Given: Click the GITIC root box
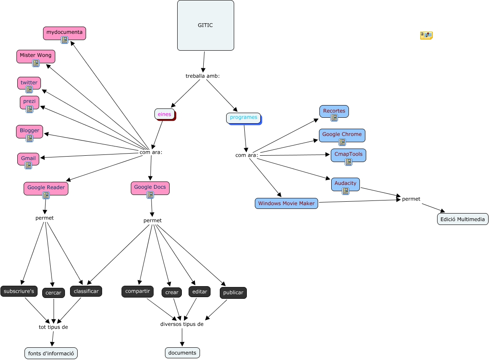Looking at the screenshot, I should point(205,25).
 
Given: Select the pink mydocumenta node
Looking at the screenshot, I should point(65,32).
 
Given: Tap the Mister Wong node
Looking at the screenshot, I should point(36,55).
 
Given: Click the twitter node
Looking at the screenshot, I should point(29,82).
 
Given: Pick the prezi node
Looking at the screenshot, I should point(30,102).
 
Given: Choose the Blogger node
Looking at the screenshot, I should point(30,130).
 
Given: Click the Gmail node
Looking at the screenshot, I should point(28,158).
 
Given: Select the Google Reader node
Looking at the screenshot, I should point(46,187).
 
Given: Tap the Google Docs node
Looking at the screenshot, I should point(150,187).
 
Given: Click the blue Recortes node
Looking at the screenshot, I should point(334,111).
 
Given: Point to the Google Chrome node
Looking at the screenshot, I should point(342,134).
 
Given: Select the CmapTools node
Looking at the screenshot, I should point(349,154).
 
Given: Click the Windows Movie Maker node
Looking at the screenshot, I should point(286,203).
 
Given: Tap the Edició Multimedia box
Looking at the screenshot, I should point(463,219).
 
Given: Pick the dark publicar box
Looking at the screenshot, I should point(233,292).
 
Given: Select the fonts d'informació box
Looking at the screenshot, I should point(51,353).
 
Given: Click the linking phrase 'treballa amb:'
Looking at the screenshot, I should point(203,76).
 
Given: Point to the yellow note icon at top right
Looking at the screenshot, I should point(426,35).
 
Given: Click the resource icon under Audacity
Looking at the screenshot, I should point(346,191).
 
